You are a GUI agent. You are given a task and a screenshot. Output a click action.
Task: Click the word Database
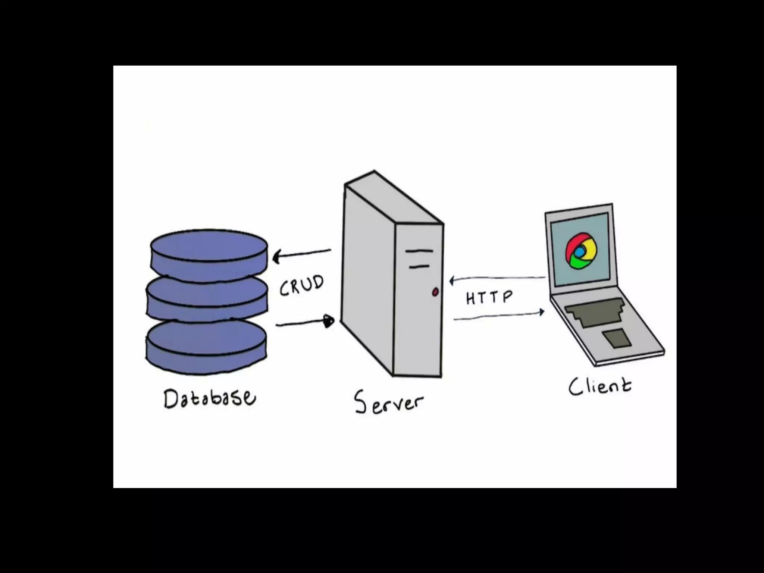click(210, 398)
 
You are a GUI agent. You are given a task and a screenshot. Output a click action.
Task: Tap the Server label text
click(389, 403)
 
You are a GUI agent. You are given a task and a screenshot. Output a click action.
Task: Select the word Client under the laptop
click(600, 386)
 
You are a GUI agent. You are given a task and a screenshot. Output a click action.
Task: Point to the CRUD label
click(301, 285)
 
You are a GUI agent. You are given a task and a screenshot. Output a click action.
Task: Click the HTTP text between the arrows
click(489, 297)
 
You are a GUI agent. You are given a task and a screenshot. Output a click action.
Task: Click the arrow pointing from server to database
click(302, 254)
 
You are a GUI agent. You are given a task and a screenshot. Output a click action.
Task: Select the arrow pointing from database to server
click(305, 323)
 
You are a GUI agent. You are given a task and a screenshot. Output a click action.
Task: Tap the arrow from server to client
click(499, 316)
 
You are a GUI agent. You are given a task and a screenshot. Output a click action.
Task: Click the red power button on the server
click(435, 292)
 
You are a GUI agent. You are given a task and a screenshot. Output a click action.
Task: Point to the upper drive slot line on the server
click(419, 251)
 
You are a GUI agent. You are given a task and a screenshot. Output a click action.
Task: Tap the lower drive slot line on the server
click(419, 266)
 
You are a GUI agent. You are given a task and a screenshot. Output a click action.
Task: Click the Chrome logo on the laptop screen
click(580, 251)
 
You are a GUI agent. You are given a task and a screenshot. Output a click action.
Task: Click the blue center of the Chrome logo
click(579, 253)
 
